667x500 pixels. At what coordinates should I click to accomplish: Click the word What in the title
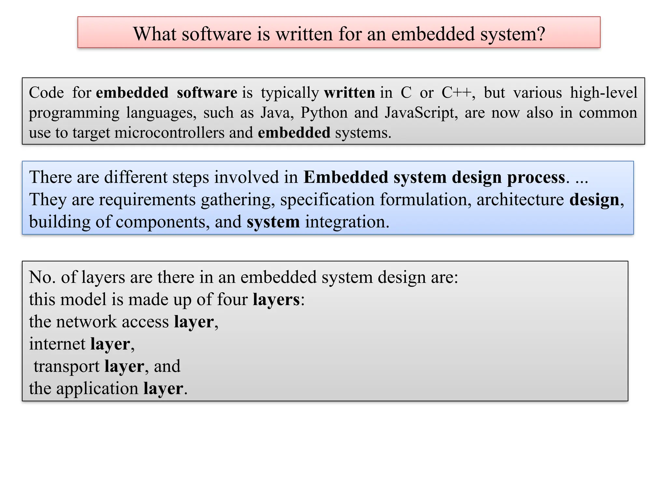[x=155, y=34]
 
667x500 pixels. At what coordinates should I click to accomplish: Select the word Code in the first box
[x=46, y=93]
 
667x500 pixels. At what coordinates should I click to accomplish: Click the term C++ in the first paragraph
[x=456, y=93]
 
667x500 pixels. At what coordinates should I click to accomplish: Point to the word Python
[x=324, y=113]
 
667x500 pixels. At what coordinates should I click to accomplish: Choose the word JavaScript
[x=420, y=113]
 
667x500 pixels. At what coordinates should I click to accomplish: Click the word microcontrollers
[x=169, y=133]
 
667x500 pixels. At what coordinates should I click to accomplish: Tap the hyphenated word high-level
[x=603, y=93]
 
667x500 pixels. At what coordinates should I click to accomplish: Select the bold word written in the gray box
[x=349, y=93]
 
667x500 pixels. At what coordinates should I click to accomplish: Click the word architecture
[x=520, y=200]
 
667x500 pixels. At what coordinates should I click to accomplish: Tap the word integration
[x=347, y=222]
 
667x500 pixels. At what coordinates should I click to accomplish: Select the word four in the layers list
[x=232, y=299]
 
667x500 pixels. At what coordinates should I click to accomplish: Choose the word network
[x=86, y=322]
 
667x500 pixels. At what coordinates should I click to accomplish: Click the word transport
[x=66, y=366]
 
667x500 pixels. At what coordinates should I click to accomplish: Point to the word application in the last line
[x=97, y=389]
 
